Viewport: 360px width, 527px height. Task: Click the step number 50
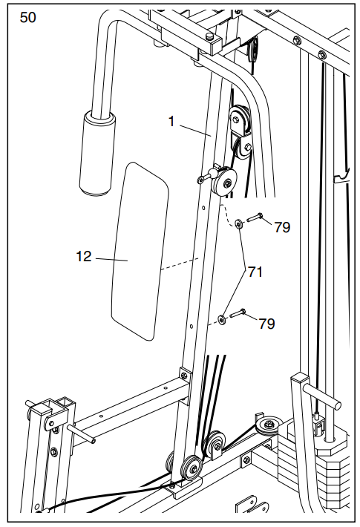click(27, 18)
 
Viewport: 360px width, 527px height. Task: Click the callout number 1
click(171, 122)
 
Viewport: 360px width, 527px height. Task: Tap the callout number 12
click(84, 256)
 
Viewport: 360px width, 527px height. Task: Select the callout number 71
click(255, 272)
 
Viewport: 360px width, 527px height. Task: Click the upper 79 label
click(282, 228)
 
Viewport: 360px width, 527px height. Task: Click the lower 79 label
click(267, 324)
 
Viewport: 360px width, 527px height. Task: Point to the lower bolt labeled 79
click(238, 313)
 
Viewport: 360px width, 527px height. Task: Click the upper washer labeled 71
click(239, 224)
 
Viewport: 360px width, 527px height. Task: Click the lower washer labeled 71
click(222, 320)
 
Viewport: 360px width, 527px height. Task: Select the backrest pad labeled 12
click(140, 252)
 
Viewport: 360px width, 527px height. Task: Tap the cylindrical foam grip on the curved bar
click(97, 153)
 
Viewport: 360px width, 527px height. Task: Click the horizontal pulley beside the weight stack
click(267, 426)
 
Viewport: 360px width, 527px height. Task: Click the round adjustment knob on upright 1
click(223, 182)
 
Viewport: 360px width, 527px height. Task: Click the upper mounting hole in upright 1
click(203, 209)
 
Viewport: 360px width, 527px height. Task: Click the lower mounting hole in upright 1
click(191, 326)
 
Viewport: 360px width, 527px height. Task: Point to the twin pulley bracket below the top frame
click(240, 134)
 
